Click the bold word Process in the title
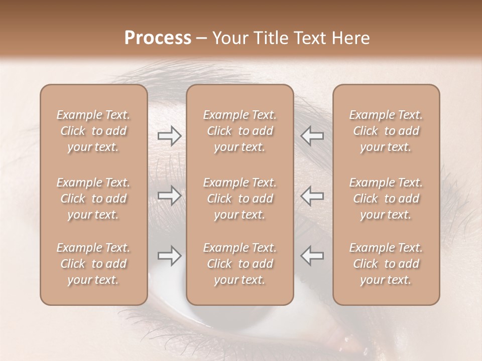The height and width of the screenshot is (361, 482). coord(158,38)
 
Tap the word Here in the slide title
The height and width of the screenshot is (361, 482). coord(351,38)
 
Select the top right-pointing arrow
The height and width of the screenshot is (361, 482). coord(170,136)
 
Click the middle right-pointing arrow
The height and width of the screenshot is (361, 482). coord(170,196)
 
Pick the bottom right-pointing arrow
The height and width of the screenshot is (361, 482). coord(170,256)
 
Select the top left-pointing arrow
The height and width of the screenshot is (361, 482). coord(312,136)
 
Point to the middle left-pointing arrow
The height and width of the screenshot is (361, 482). coord(312,196)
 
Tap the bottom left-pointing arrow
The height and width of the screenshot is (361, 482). coord(312,256)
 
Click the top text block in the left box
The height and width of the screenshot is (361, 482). coord(93,131)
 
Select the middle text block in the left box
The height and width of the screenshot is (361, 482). coord(93,199)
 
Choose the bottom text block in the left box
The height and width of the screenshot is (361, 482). coord(93,264)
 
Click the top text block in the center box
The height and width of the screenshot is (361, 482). coord(240,131)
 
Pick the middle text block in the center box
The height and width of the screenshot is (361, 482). coord(240,199)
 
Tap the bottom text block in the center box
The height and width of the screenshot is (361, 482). coord(240,264)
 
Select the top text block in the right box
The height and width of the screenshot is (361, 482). coord(386,131)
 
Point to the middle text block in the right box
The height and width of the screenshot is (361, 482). coord(386,199)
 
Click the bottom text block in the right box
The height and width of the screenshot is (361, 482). coord(386,264)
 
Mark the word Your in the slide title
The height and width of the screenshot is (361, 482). coord(228,38)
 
